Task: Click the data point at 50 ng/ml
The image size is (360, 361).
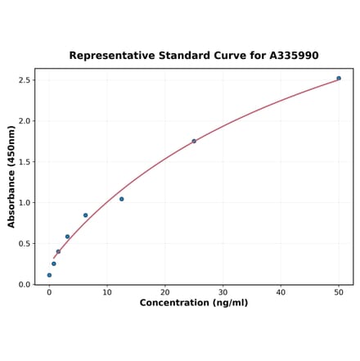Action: point(339,79)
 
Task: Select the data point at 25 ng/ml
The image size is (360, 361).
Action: point(194,141)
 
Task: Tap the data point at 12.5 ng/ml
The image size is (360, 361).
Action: point(122,199)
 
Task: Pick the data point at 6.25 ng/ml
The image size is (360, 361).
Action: point(85,215)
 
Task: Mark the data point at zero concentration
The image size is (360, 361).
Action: point(49,275)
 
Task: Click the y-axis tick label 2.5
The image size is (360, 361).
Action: point(24,80)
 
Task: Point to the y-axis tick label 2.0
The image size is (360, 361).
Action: point(24,121)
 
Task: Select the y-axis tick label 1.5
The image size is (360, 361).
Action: point(24,162)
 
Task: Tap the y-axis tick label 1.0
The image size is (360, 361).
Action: point(24,203)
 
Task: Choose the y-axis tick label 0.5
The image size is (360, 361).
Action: point(24,244)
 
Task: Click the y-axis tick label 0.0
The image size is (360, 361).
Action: point(24,285)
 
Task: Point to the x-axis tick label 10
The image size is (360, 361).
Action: point(107,292)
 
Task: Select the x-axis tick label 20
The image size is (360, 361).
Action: point(165,292)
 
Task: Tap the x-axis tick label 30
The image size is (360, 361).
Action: point(223,292)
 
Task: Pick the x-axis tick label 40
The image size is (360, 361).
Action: point(281,292)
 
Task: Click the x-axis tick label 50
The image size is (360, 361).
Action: point(339,292)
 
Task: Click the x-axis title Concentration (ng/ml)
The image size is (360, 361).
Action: point(194,303)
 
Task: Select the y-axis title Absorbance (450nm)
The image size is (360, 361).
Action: point(11,177)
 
